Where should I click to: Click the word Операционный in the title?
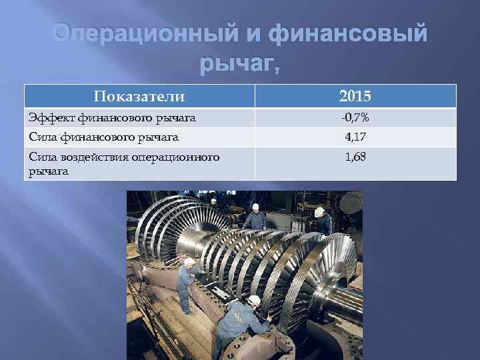point(119,34)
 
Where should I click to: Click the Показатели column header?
point(139,97)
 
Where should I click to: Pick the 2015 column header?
point(355,97)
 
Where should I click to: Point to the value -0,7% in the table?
point(355,118)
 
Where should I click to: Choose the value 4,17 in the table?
point(355,138)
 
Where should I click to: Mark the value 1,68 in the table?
point(355,158)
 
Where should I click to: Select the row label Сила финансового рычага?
point(103,138)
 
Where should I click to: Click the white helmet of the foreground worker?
point(254,300)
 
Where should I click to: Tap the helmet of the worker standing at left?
point(189,262)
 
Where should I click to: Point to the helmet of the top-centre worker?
point(255,207)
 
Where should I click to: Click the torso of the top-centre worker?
point(255,221)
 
